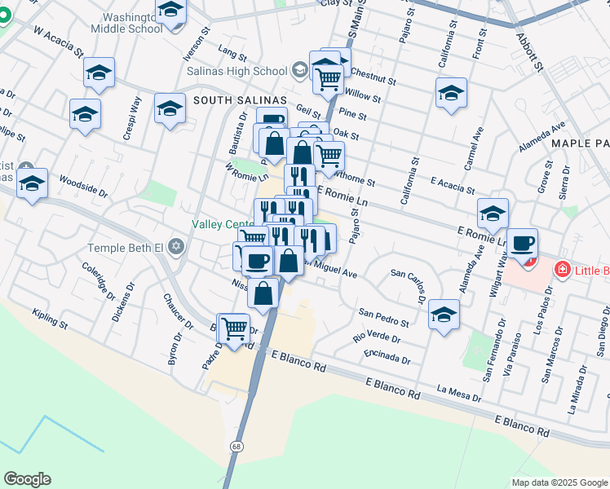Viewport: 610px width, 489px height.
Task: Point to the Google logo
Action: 27,479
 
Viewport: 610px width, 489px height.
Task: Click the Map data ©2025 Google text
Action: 559,482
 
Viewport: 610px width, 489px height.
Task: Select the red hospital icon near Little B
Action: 562,269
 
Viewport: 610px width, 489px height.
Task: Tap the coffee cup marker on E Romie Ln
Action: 522,242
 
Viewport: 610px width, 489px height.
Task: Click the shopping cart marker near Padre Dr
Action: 234,328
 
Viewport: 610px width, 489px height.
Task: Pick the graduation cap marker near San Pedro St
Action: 444,314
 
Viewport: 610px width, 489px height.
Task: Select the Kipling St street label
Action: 51,319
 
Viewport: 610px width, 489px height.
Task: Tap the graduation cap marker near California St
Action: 450,93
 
